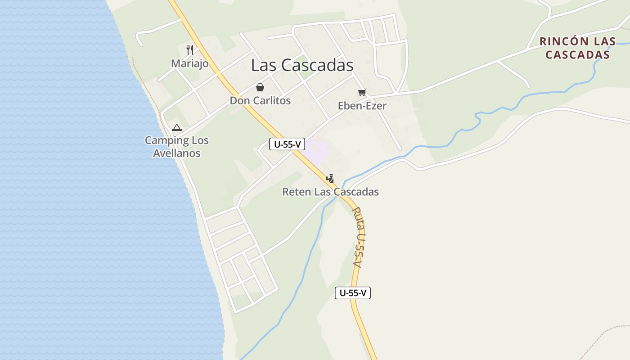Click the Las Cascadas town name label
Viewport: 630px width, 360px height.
pyautogui.click(x=302, y=65)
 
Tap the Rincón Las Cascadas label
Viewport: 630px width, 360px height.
pyautogui.click(x=577, y=48)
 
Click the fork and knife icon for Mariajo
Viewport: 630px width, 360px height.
pyautogui.click(x=190, y=49)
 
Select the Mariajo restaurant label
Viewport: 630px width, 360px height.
pyautogui.click(x=189, y=63)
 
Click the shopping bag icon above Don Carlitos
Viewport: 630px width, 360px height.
pyautogui.click(x=260, y=87)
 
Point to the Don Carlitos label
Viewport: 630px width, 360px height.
pyautogui.click(x=260, y=100)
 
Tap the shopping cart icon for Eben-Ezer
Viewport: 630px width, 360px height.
pyautogui.click(x=362, y=93)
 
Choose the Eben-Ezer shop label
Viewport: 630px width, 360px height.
pyautogui.click(x=362, y=106)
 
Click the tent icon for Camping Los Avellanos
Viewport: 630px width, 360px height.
pyautogui.click(x=177, y=128)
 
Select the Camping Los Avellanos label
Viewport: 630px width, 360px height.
pyautogui.click(x=176, y=147)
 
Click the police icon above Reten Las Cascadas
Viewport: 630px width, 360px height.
pyautogui.click(x=330, y=178)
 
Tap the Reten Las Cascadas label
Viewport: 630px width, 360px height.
pyautogui.click(x=330, y=192)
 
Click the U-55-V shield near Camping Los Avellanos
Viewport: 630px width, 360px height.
pyautogui.click(x=287, y=144)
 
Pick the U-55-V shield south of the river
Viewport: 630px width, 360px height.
pyautogui.click(x=353, y=293)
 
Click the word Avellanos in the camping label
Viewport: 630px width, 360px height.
pyautogui.click(x=176, y=153)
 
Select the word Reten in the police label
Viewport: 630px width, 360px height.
pyautogui.click(x=296, y=192)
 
